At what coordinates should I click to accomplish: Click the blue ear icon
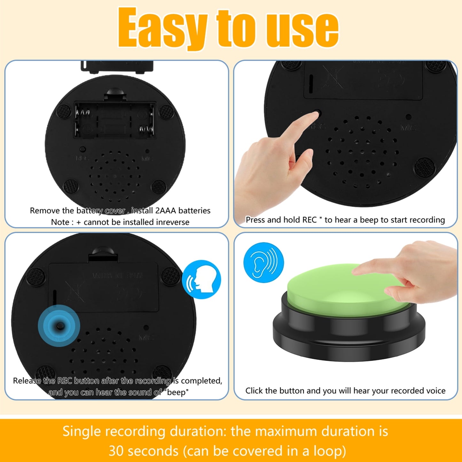[263, 262]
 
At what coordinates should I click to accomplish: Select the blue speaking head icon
[201, 279]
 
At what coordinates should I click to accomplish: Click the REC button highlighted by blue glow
[59, 326]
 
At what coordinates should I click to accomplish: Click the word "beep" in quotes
[178, 392]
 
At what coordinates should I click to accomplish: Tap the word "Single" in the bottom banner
[82, 431]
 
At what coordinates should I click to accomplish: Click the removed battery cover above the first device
[117, 66]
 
